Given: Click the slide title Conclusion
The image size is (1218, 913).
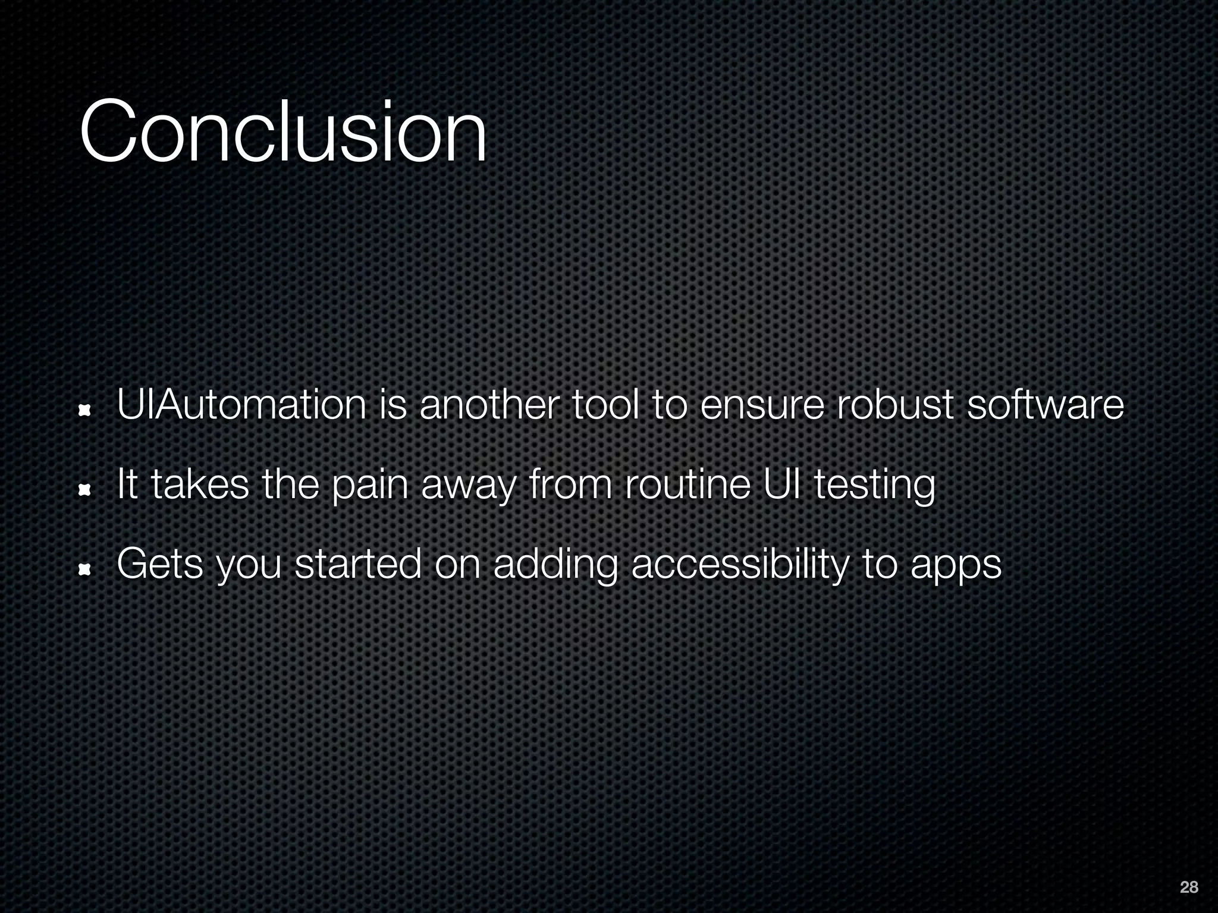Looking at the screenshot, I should (283, 131).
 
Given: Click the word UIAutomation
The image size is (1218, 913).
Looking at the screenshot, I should (241, 404).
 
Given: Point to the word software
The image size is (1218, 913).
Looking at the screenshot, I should (1046, 404).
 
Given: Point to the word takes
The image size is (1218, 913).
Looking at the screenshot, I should (200, 484).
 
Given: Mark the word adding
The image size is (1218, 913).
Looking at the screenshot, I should (555, 565).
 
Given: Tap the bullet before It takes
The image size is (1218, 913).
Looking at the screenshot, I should (86, 490).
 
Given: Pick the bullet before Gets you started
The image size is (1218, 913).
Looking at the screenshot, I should (86, 570).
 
